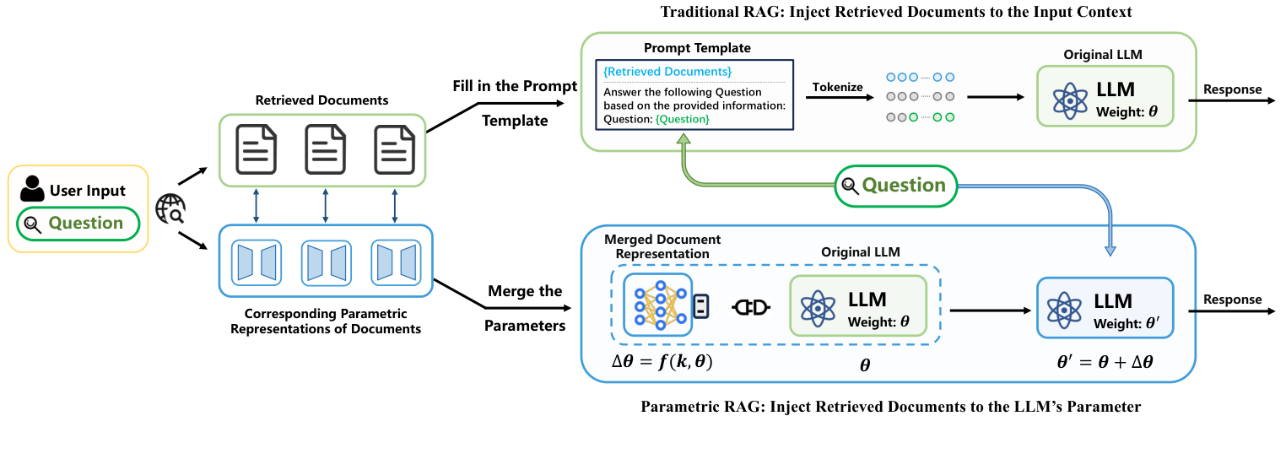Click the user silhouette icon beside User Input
pos(32,189)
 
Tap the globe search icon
pos(171,208)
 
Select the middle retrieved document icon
pos(325,149)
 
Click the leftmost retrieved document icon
pos(257,149)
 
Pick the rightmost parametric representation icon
pos(395,261)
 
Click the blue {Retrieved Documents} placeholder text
pos(667,72)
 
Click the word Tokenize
pos(837,87)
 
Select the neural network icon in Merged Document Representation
pos(657,304)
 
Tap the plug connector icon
pos(750,308)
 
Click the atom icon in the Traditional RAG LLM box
pos(1069,98)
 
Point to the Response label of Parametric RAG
pos(1232,300)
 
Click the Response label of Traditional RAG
pos(1232,89)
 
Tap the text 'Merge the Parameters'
pos(524,308)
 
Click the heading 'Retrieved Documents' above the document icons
pos(321,100)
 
